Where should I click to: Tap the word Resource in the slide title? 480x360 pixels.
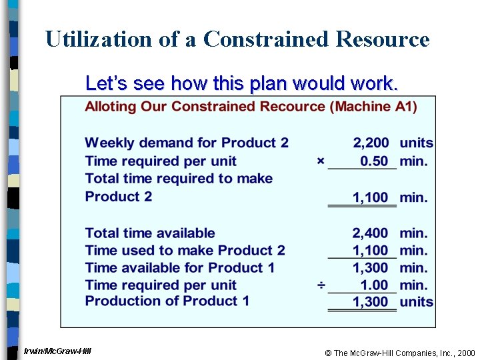383,39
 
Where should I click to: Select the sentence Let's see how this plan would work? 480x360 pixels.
242,83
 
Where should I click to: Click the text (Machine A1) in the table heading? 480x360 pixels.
375,107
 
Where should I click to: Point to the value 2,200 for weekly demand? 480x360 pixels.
371,143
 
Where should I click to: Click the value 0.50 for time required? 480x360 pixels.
374,161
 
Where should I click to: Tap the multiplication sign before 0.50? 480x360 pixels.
321,161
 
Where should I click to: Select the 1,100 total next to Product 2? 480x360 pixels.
371,197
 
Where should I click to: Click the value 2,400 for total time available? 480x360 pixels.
371,233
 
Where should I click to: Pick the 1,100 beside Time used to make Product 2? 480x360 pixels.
371,251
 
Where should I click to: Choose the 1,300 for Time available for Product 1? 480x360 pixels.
371,268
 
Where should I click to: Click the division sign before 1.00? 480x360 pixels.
321,285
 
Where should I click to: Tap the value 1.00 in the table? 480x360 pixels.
374,285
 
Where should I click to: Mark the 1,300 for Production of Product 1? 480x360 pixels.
371,301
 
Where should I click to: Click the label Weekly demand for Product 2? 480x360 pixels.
187,143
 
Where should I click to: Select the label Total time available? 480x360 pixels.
150,233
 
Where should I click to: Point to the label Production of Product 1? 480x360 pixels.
167,301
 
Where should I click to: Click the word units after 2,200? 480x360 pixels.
416,143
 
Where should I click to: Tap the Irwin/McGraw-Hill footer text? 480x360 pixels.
57,351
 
